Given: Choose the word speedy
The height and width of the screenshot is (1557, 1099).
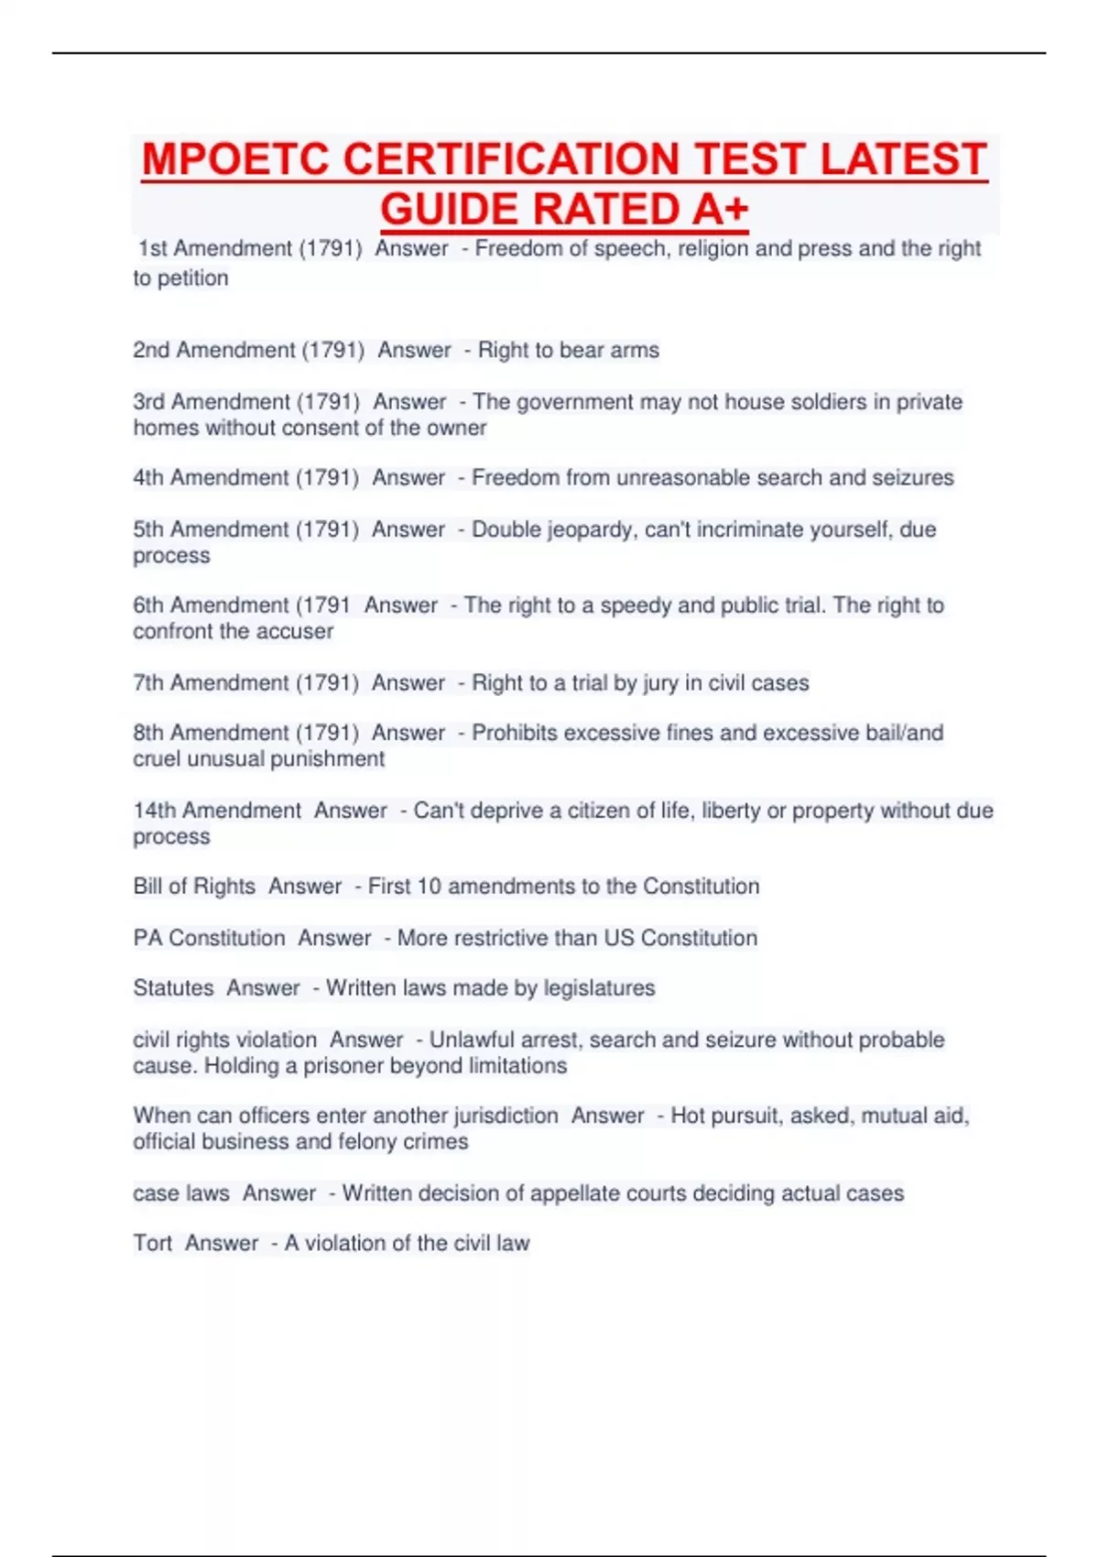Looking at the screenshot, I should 636,605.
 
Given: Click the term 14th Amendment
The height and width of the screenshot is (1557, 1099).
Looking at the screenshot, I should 217,811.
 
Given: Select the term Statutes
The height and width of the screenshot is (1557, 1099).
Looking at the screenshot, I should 173,988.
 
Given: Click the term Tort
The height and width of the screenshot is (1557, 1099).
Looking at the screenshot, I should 152,1244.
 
